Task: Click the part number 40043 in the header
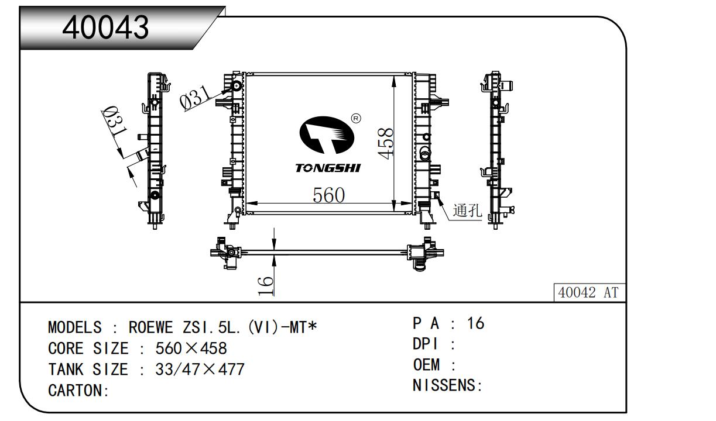point(105,27)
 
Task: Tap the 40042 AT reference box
point(590,292)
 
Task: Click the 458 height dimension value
point(385,143)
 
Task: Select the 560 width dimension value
point(328,195)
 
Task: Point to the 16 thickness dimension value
point(265,286)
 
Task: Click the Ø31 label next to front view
point(196,96)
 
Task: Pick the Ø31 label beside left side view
point(115,122)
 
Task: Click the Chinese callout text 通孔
point(467,210)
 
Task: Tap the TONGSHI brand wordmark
point(328,168)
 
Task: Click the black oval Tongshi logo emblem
point(327,135)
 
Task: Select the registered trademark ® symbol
point(356,119)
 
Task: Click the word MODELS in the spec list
point(75,327)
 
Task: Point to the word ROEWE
point(150,327)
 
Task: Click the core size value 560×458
point(191,348)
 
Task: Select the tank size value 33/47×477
point(200,370)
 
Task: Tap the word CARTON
point(75,391)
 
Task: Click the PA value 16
point(475,323)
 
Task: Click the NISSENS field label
point(444,385)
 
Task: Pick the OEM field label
point(426,364)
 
